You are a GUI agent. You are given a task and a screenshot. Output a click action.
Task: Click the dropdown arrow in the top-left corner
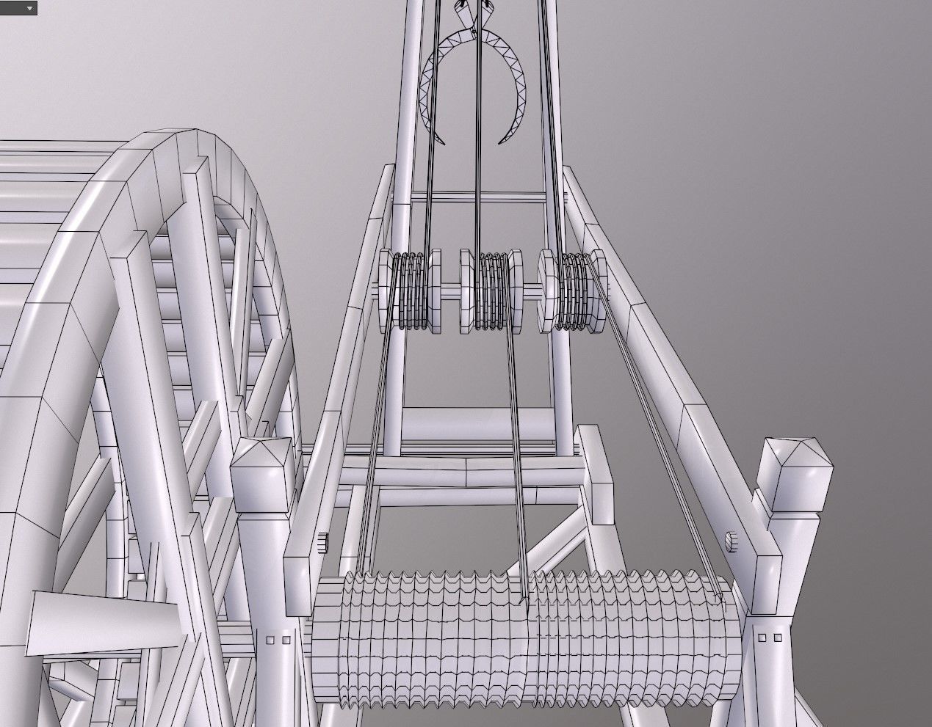click(x=29, y=8)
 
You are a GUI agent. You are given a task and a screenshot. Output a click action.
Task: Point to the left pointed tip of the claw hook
click(x=443, y=142)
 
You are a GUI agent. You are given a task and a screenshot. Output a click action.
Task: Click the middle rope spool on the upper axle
click(x=491, y=291)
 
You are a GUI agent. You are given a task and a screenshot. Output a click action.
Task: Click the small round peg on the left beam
click(x=323, y=541)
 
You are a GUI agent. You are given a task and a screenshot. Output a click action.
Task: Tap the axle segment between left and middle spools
click(x=450, y=290)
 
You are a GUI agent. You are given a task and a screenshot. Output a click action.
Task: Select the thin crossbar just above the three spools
click(x=477, y=197)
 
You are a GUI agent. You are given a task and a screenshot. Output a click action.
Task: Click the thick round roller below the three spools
click(x=477, y=424)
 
